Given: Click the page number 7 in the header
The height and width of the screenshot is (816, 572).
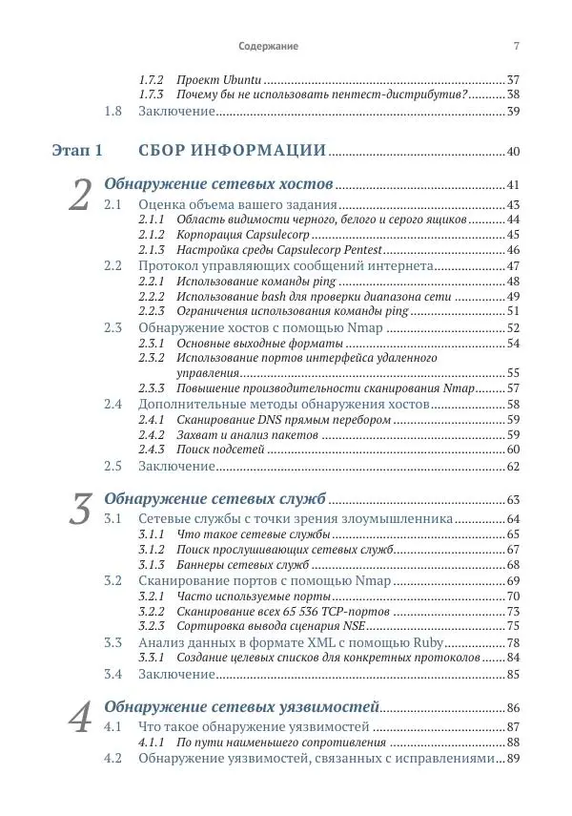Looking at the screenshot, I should tap(516, 46).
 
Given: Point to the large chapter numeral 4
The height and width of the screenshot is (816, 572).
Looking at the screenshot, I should tap(81, 718).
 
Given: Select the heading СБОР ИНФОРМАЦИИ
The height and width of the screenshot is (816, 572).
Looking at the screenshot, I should tap(233, 151).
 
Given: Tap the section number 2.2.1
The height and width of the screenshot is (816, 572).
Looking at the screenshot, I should tap(152, 282).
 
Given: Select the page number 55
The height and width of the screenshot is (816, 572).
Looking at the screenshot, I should tap(512, 373).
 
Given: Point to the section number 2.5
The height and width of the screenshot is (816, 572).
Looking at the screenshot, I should tap(113, 466).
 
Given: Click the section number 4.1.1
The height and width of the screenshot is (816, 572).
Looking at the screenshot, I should tap(152, 742).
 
